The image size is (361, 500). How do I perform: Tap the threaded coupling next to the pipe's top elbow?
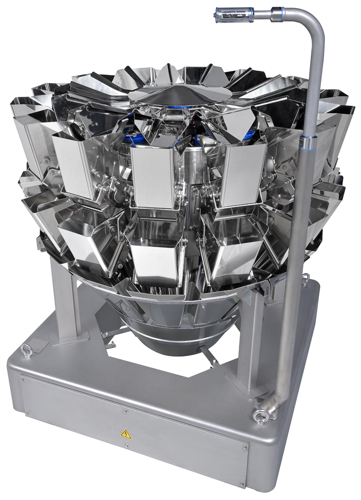pos(276,14)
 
